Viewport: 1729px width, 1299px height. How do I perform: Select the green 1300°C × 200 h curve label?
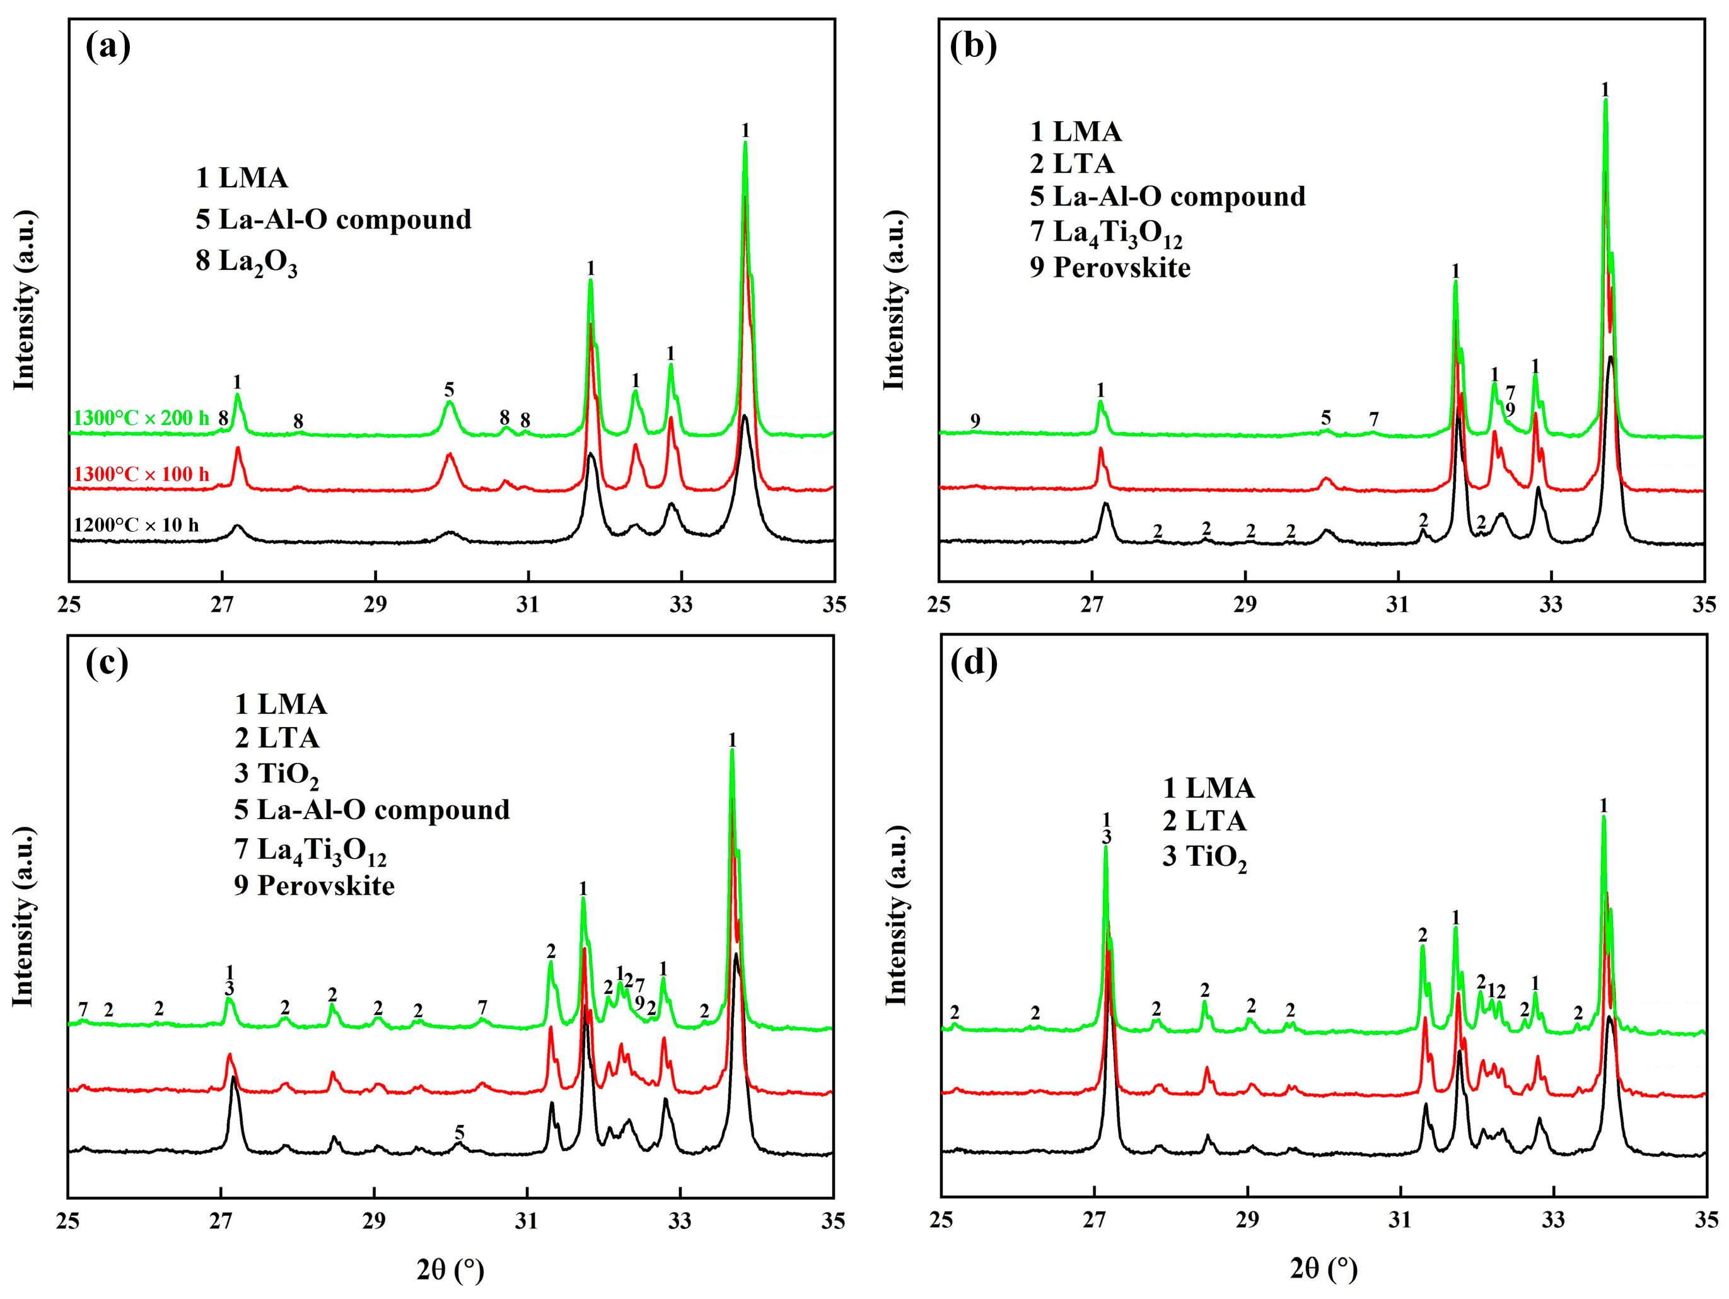click(x=141, y=418)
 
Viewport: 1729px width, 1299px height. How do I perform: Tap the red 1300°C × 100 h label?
click(x=141, y=474)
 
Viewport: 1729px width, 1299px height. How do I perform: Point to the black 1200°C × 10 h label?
click(x=136, y=525)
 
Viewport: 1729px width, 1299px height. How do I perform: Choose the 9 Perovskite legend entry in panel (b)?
click(x=1110, y=267)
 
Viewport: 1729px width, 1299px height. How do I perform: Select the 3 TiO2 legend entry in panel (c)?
click(x=277, y=774)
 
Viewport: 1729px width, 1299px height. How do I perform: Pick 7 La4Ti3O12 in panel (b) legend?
click(x=1106, y=233)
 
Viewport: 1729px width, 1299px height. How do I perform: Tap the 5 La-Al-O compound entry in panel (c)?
click(x=372, y=810)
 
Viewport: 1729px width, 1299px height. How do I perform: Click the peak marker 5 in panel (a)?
click(x=450, y=389)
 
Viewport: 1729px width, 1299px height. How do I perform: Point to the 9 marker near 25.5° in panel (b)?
click(x=975, y=421)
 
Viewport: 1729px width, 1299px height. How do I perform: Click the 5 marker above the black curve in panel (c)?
click(x=460, y=1133)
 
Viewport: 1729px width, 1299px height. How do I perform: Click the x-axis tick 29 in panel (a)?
click(x=375, y=605)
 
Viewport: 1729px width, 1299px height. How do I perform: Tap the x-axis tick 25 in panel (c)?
click(x=69, y=1221)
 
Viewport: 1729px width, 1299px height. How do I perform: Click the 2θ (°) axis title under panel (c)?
click(x=450, y=1269)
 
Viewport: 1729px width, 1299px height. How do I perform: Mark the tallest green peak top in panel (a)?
click(x=745, y=143)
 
